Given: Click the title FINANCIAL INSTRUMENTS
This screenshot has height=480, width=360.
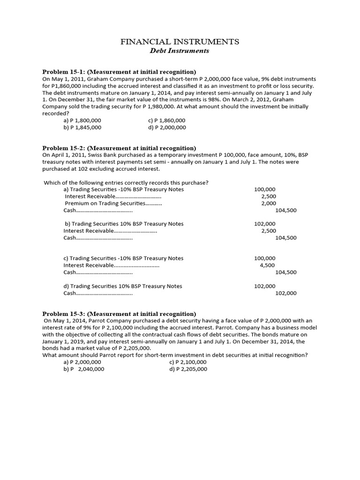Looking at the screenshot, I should pyautogui.click(x=180, y=42).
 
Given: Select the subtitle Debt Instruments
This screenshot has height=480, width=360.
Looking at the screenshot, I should pyautogui.click(x=180, y=51).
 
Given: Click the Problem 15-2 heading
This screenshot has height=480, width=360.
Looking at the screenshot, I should pyautogui.click(x=119, y=148).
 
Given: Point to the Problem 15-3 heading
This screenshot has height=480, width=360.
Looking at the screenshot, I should pyautogui.click(x=119, y=314).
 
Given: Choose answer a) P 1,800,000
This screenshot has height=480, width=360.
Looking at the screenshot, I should pyautogui.click(x=82, y=120).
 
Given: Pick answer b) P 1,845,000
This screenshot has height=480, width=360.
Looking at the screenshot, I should pyautogui.click(x=82, y=127).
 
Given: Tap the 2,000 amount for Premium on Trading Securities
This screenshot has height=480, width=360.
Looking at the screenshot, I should pyautogui.click(x=269, y=203).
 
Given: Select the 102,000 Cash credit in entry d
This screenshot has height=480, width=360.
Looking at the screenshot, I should pyautogui.click(x=286, y=293).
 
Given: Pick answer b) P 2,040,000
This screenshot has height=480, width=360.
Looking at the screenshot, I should pyautogui.click(x=84, y=369).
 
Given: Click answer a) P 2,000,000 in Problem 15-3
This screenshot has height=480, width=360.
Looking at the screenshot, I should pyautogui.click(x=82, y=362).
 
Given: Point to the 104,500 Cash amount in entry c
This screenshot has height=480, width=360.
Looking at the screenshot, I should pyautogui.click(x=286, y=272).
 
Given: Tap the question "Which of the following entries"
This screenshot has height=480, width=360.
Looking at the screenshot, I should pyautogui.click(x=126, y=182).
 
